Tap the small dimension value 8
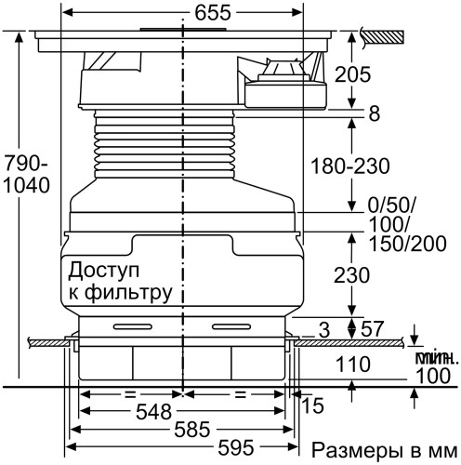coord(374,113)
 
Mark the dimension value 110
coord(353,365)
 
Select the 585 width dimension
coord(182,432)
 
